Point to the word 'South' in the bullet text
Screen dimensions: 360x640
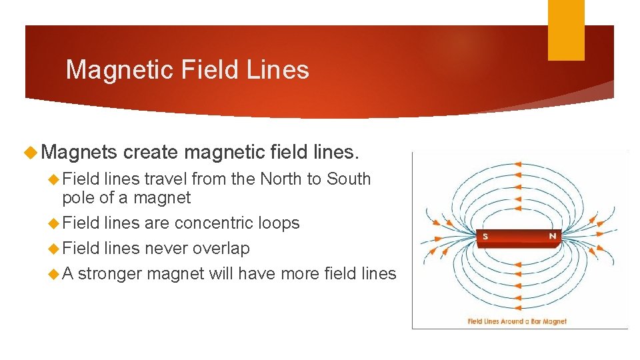(349, 179)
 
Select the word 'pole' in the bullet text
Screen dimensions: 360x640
(79, 198)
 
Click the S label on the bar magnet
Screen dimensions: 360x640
(485, 236)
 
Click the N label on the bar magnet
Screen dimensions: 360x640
(552, 236)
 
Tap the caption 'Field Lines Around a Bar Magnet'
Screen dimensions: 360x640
(517, 321)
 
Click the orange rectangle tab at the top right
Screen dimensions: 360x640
(566, 30)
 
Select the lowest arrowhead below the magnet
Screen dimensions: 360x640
(519, 308)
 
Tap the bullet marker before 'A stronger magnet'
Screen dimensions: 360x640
(54, 274)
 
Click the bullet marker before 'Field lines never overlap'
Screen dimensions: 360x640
(54, 249)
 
